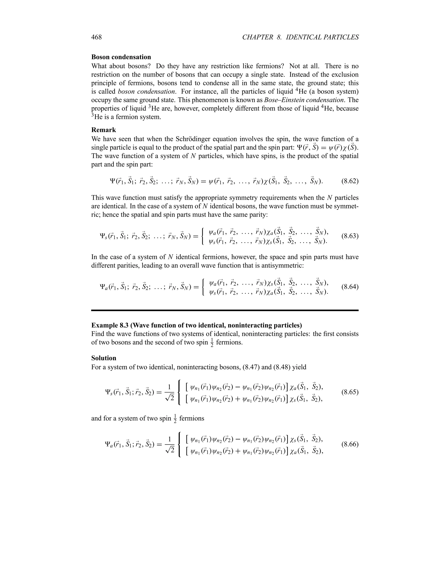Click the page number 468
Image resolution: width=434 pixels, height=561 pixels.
click(x=96, y=37)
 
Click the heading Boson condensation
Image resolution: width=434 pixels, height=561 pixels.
click(x=121, y=57)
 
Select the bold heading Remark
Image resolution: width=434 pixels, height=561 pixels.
click(x=104, y=130)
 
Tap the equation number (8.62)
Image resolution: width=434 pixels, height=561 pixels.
click(x=350, y=181)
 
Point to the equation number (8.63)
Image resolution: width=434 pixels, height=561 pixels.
click(x=350, y=236)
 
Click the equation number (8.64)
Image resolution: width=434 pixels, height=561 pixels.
click(x=350, y=287)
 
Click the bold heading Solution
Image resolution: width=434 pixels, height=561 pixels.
click(x=104, y=358)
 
